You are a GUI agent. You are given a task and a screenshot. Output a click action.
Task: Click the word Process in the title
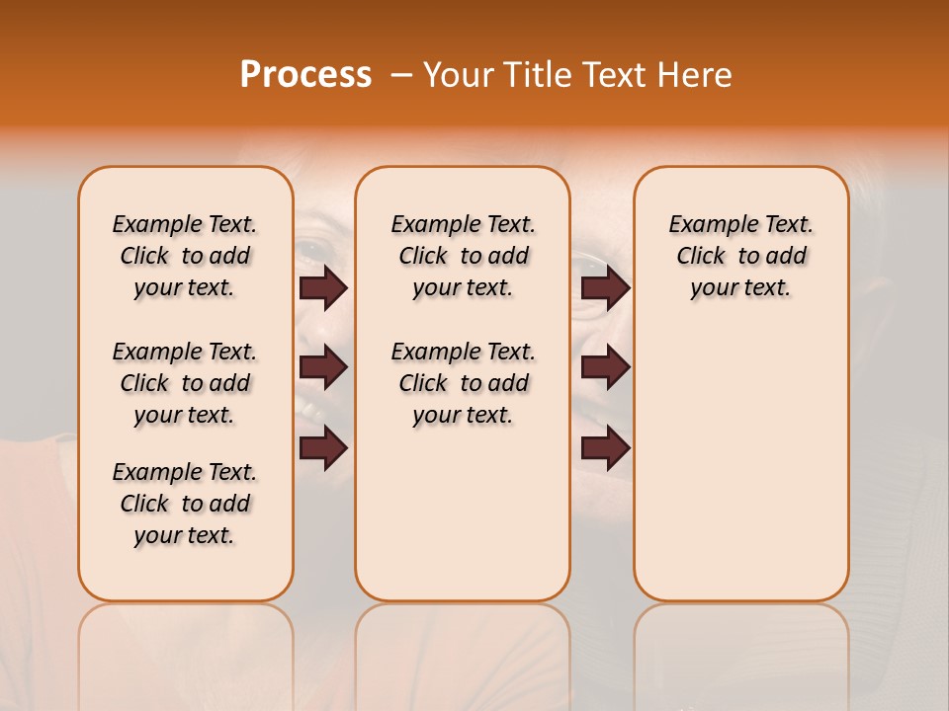pos(305,75)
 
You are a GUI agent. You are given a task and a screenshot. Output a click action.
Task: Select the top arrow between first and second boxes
pos(323,287)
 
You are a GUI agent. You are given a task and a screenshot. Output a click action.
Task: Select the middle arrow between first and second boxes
pos(323,368)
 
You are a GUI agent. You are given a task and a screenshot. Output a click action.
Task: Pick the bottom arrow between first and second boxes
pos(323,448)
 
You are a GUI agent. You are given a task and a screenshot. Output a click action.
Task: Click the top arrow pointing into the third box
pos(605,287)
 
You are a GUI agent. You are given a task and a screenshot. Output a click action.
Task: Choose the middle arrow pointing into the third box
pos(605,368)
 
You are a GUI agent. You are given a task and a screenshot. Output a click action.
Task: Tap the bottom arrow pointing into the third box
pos(605,448)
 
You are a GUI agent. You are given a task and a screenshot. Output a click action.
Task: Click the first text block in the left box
pos(185,256)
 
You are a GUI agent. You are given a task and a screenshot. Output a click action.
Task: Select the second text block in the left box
pos(185,383)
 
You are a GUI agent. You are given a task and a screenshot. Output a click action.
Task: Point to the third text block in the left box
pos(185,504)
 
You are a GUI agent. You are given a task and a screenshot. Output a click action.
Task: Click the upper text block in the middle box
pos(463,256)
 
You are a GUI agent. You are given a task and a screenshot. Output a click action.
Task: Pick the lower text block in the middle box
pos(463,383)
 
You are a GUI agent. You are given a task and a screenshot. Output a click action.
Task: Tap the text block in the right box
pos(740,256)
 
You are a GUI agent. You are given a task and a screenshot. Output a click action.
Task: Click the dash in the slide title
pos(401,75)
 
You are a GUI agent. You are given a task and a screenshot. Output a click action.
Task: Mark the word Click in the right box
pos(701,257)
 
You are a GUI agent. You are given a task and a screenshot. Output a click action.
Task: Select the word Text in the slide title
pos(610,75)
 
